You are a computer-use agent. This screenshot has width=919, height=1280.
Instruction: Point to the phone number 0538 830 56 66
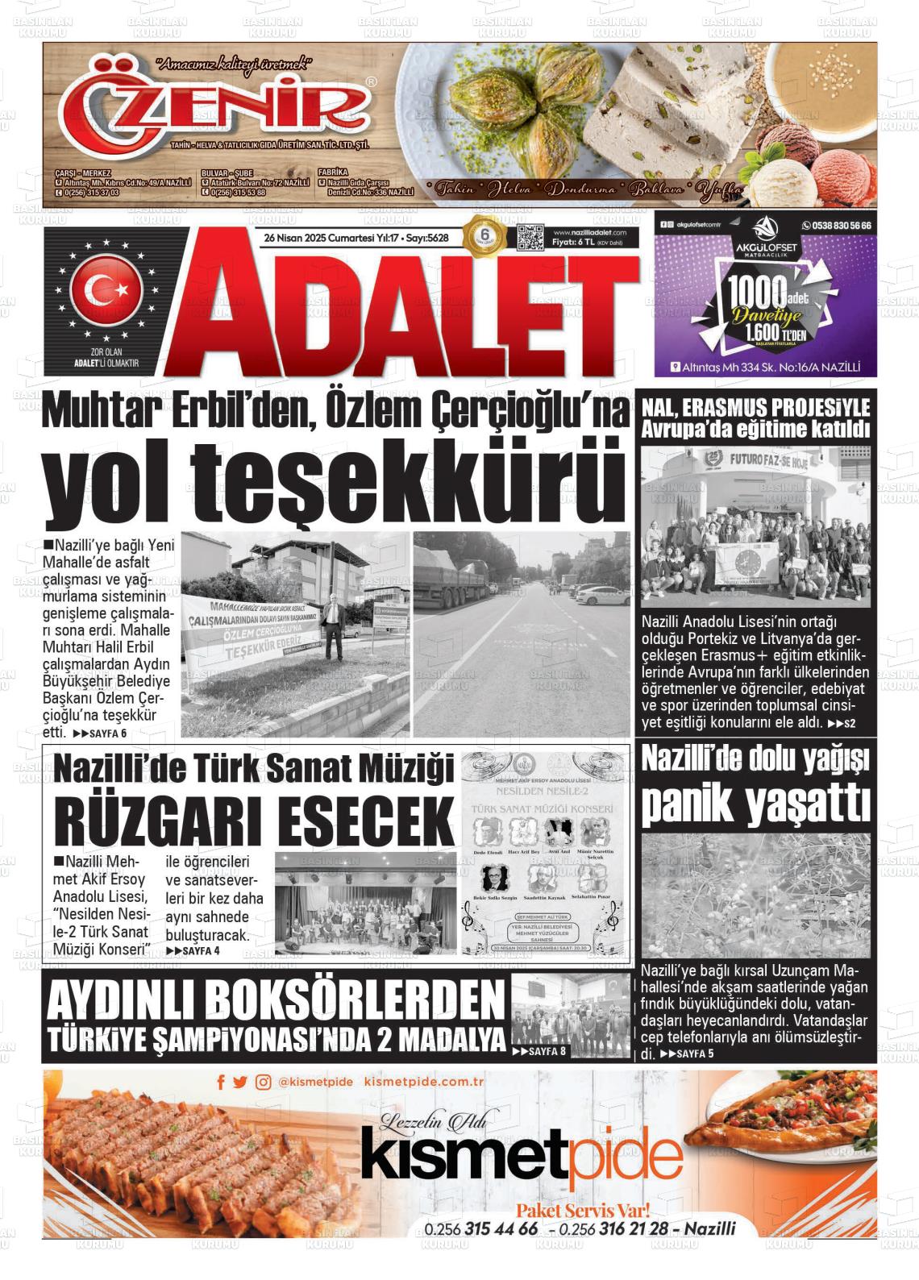click(x=837, y=226)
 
